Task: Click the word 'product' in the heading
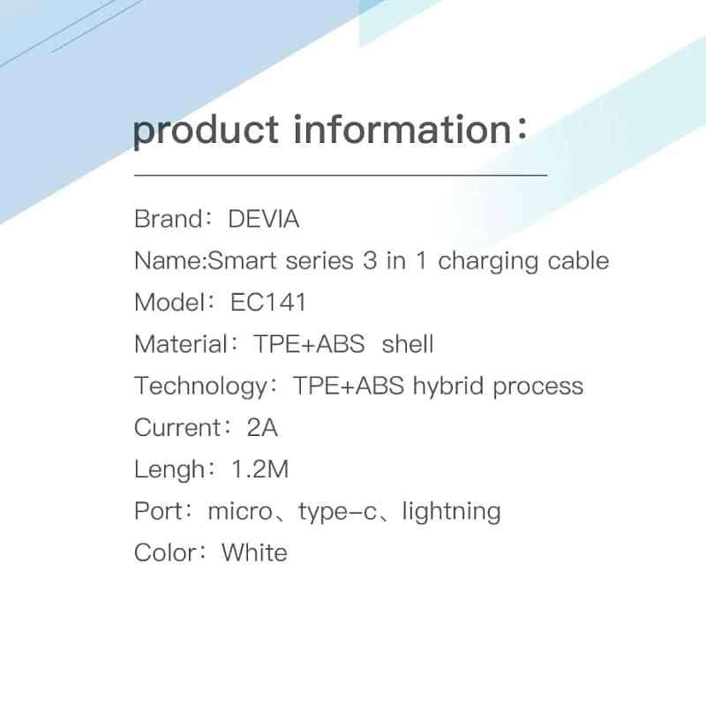tap(206, 131)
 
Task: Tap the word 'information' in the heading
tap(402, 129)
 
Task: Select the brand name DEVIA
tap(264, 219)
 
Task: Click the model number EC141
tap(268, 302)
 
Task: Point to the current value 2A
tap(262, 427)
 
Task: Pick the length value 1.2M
tap(259, 469)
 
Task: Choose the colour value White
tap(254, 552)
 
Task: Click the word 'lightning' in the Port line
tap(451, 512)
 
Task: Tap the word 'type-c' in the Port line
tap(337, 512)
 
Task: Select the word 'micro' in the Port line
tap(240, 512)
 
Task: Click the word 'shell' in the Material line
tap(408, 344)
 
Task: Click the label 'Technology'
tap(201, 387)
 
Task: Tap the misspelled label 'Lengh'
tap(169, 470)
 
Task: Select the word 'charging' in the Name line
tap(488, 262)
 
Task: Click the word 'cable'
tap(578, 260)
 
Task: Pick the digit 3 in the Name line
tap(370, 260)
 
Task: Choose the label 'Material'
tap(181, 344)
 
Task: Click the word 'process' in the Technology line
tap(538, 387)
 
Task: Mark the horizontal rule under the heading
tap(341, 175)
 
